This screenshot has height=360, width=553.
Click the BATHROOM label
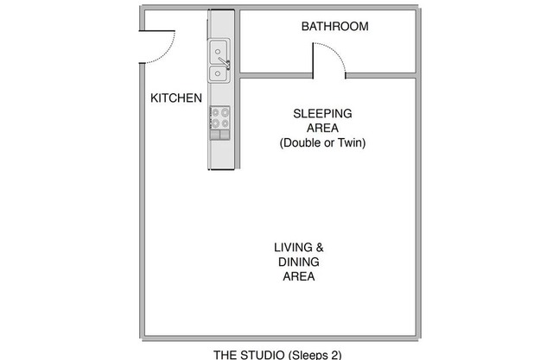334,27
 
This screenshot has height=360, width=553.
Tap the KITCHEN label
176,98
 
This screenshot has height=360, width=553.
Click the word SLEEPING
322,113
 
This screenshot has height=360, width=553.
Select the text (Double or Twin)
322,142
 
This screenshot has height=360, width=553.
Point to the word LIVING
293,247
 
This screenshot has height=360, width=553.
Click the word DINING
299,262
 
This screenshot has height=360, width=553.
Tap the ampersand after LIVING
320,247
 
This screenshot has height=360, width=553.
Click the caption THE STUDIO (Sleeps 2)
277,354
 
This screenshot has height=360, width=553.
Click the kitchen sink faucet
225,63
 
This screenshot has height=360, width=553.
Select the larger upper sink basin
219,52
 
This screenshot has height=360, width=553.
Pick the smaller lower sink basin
219,73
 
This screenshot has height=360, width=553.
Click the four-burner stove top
219,117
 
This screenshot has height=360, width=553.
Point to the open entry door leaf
157,31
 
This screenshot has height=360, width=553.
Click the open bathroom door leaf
313,60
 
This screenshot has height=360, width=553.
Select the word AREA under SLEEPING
322,129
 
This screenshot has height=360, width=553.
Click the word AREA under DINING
299,276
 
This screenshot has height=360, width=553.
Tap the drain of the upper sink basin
218,52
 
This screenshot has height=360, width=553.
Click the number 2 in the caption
334,354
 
